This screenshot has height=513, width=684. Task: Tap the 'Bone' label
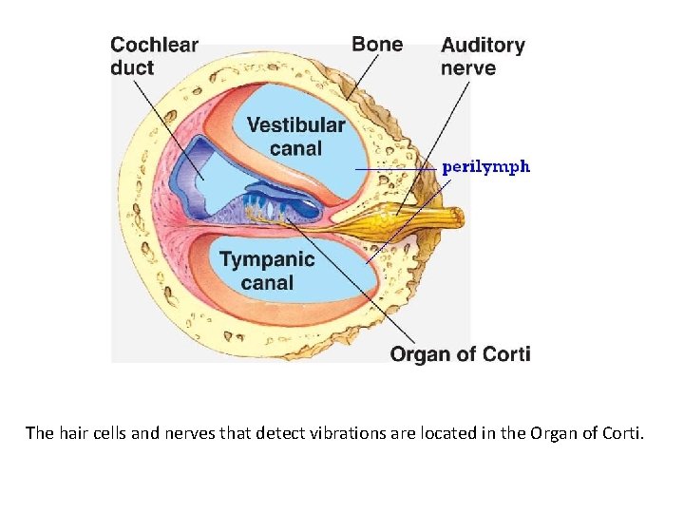pos(377,44)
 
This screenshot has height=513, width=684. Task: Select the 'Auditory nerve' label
pos(483,56)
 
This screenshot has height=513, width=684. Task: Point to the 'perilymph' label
pos(485,166)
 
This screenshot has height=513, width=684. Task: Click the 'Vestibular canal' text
pos(295,137)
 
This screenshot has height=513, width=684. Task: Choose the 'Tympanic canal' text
pos(267,270)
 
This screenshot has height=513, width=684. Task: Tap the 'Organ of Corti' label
pos(460,354)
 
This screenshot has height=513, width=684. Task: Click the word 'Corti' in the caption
pos(621,434)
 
